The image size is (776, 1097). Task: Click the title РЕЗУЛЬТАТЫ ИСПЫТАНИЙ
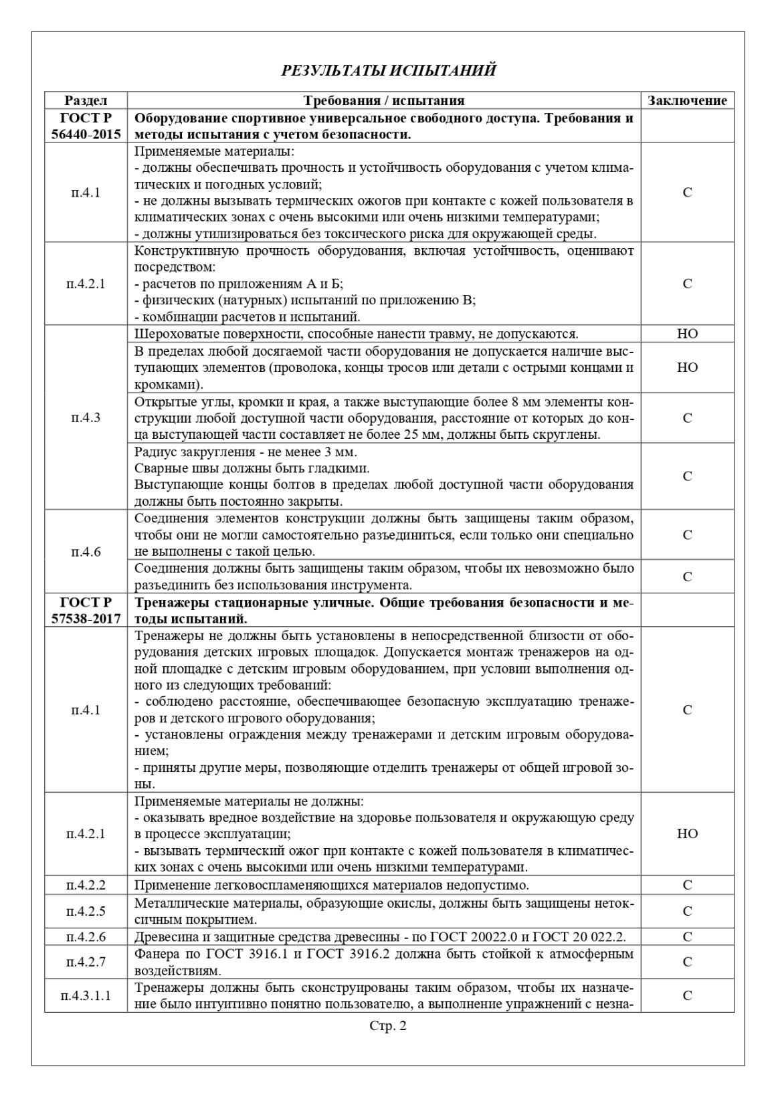coord(388,70)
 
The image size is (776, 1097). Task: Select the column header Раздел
coord(86,100)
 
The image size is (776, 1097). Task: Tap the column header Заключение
coord(687,100)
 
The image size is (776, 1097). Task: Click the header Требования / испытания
coord(384,100)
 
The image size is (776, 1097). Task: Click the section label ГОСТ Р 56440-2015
coord(86,126)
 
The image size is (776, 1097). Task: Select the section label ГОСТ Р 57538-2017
coord(86,610)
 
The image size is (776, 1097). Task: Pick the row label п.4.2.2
coord(86,885)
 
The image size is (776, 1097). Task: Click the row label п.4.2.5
coord(86,910)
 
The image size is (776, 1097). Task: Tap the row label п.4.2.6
coord(86,936)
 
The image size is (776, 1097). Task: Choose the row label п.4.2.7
coord(86,962)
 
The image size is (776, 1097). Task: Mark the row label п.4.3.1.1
coord(86,995)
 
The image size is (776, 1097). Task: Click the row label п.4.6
coord(86,552)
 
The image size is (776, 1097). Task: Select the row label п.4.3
coord(86,418)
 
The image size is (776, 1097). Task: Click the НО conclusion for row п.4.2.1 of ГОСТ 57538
coord(687,833)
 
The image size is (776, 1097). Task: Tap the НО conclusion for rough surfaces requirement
coord(687,334)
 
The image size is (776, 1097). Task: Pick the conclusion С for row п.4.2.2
coord(687,885)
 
